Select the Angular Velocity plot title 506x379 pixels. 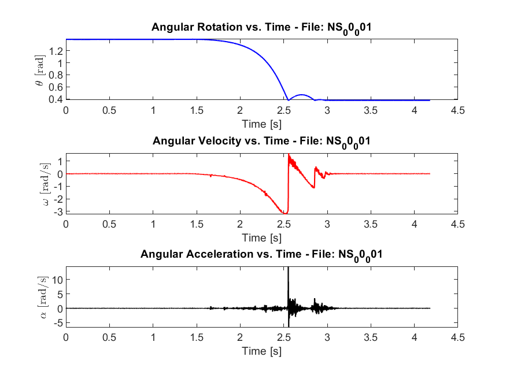[x=261, y=140]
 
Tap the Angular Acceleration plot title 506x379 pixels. [x=261, y=254]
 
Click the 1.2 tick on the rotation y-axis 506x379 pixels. [x=56, y=51]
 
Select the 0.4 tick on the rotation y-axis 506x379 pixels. [x=56, y=99]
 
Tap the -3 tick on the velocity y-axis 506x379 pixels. [x=58, y=211]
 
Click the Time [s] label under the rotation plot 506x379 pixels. [x=262, y=123]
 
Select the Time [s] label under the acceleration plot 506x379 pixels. [x=262, y=351]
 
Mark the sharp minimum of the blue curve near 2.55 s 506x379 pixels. [x=288, y=100]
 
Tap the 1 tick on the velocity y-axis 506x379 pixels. [x=60, y=161]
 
